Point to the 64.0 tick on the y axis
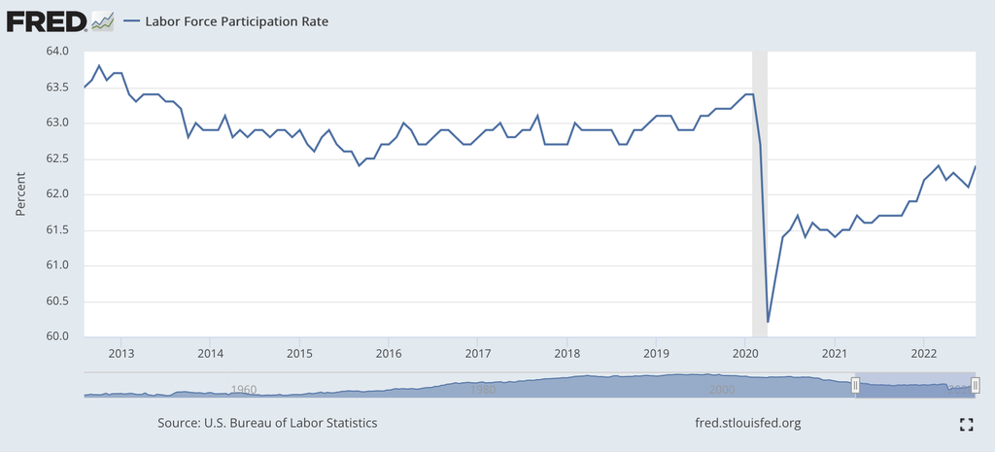(x=55, y=52)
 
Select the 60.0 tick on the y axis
(x=55, y=336)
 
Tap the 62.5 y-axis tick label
(x=55, y=158)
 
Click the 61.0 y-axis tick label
(x=55, y=265)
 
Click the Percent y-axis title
(x=20, y=194)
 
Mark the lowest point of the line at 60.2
(x=768, y=322)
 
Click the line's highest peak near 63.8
(x=99, y=66)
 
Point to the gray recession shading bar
(x=760, y=194)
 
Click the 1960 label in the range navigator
(x=243, y=389)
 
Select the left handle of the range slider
(x=856, y=386)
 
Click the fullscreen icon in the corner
(x=966, y=424)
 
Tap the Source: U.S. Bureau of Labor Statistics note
(x=267, y=424)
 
